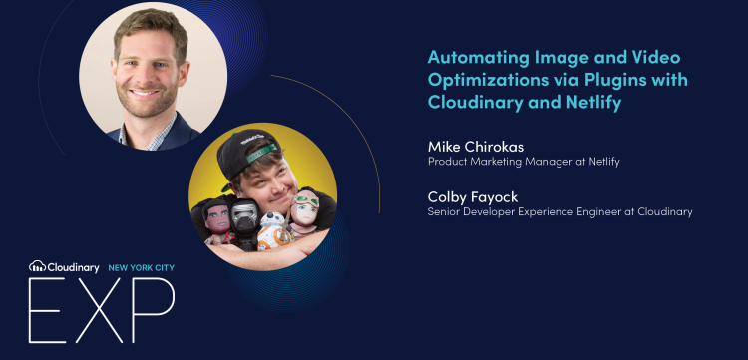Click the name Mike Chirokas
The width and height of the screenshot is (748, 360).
pyautogui.click(x=477, y=146)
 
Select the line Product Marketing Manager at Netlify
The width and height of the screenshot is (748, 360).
pyautogui.click(x=524, y=162)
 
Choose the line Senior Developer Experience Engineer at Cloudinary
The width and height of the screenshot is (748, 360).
pyautogui.click(x=560, y=211)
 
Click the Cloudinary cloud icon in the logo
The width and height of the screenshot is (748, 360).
pyautogui.click(x=37, y=266)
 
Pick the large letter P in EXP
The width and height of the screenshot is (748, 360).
pyautogui.click(x=154, y=311)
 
